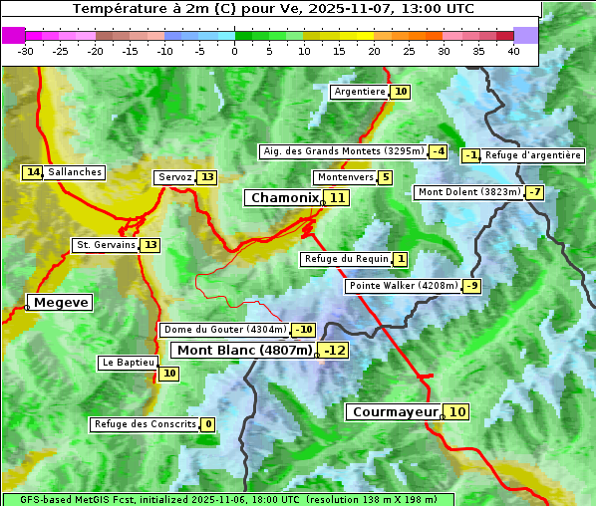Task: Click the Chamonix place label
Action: coord(284,198)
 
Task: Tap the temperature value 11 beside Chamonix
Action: coord(338,198)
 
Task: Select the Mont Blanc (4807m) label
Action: coord(244,351)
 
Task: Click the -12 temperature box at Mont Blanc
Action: coord(334,351)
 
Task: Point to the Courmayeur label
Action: coord(395,411)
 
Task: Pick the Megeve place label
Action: coord(60,302)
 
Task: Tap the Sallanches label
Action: coord(75,172)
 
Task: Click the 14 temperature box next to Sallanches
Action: coord(33,172)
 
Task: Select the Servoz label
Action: coord(174,177)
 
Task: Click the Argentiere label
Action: coord(360,92)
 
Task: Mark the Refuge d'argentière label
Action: coord(533,155)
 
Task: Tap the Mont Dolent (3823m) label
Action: coord(469,192)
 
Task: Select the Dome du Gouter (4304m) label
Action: coord(225,330)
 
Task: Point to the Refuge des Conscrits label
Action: coord(145,424)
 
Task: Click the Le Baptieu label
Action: coord(128,363)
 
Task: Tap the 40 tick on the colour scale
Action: coord(513,51)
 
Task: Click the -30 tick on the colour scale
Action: coord(26,51)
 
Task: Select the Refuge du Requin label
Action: coord(346,259)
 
